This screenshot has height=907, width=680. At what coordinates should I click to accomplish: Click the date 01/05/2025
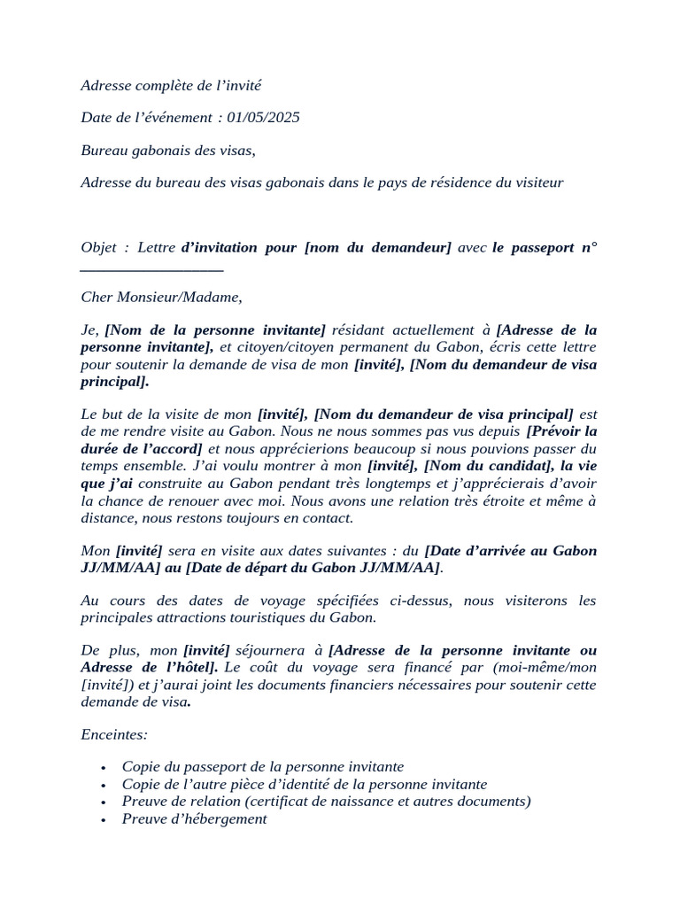263,118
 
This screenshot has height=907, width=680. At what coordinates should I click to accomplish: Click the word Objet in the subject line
98,248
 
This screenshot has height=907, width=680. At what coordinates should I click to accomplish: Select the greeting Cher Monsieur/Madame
160,297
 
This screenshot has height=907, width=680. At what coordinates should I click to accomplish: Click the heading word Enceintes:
113,734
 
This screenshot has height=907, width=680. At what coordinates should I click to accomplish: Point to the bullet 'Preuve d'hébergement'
194,819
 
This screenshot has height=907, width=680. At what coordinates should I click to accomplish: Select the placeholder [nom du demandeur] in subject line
377,248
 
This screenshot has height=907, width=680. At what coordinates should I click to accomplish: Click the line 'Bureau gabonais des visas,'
167,150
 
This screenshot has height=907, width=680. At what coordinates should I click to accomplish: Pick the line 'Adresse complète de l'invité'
171,86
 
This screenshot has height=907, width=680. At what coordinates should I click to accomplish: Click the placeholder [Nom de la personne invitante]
215,329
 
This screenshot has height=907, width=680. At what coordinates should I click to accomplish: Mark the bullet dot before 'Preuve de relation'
104,802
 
